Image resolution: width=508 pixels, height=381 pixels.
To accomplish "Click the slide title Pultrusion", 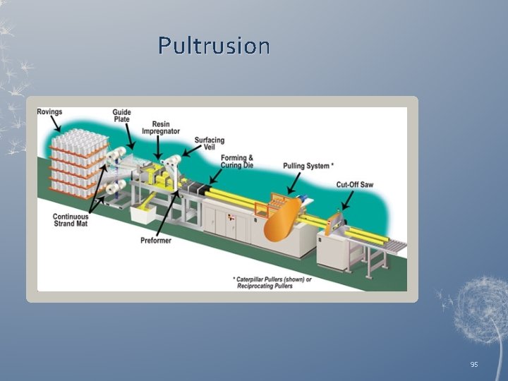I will [214, 46].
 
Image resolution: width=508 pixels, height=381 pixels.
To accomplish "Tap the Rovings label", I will [49, 111].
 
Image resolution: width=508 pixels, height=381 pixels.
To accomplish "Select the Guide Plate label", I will [121, 116].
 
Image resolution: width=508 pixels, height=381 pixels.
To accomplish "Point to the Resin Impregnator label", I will [160, 127].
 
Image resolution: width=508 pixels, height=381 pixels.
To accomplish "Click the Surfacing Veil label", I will [210, 144].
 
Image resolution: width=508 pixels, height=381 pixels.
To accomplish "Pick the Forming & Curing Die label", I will [237, 162].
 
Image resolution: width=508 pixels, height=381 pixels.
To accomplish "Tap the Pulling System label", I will [308, 166].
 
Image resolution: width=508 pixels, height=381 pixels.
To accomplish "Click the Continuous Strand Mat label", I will [71, 220].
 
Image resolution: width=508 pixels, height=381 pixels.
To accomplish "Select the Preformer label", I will [155, 241].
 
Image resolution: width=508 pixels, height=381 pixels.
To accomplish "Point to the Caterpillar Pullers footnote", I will [272, 282].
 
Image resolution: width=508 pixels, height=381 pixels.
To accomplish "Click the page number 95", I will [474, 364].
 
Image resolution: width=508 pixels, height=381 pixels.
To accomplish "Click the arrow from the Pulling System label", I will [295, 182].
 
